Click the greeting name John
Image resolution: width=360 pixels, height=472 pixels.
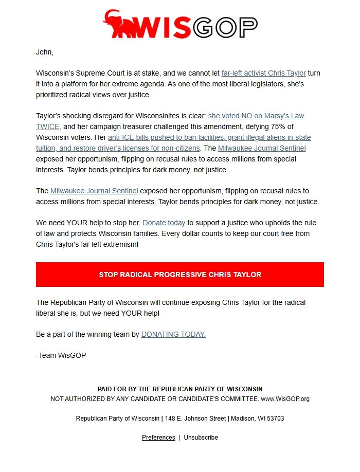point(45,52)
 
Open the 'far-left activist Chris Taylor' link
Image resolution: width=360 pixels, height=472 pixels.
point(263,73)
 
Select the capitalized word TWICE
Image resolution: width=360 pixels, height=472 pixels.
point(48,126)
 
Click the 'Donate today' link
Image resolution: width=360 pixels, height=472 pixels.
point(164,223)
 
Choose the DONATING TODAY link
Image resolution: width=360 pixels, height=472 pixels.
point(173,334)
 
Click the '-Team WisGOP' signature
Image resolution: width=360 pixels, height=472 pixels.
point(58,355)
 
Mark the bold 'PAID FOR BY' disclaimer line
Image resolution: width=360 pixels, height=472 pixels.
point(180,389)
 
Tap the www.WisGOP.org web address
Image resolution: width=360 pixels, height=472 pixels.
point(285,398)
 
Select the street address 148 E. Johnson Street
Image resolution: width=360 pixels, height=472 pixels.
point(195,419)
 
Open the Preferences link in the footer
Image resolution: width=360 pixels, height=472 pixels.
point(158,438)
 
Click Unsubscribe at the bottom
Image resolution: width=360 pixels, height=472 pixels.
point(201,438)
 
